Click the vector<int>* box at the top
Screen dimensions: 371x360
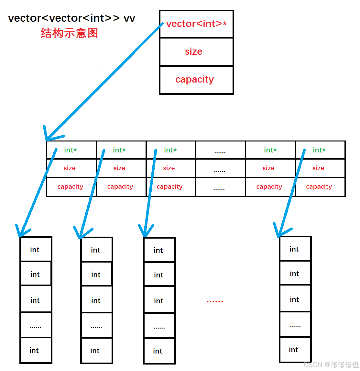[196, 24]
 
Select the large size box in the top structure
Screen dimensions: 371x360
[196, 52]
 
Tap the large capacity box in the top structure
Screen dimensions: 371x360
[196, 80]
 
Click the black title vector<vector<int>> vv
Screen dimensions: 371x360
[71, 18]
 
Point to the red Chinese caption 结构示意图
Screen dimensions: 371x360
[69, 33]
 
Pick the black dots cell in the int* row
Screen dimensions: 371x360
[220, 150]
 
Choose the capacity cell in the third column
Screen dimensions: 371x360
[170, 187]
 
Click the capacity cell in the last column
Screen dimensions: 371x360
[320, 187]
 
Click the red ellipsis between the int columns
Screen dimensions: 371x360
[215, 301]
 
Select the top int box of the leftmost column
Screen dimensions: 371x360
[36, 249]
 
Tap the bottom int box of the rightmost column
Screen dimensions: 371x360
[295, 350]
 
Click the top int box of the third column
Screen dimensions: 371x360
[159, 250]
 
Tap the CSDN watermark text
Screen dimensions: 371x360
[331, 365]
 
